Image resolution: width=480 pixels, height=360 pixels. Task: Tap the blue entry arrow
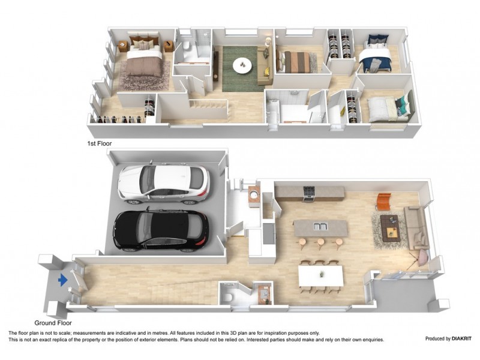point(61,280)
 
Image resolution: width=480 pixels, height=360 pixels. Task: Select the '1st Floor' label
point(100,144)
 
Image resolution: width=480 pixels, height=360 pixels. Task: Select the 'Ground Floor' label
point(46,322)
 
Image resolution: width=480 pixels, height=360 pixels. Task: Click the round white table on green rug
point(242,64)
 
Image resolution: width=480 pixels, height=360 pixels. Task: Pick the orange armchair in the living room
point(383,202)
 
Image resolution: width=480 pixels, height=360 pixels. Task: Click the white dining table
point(321,275)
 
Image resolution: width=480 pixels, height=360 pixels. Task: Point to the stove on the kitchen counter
point(309,193)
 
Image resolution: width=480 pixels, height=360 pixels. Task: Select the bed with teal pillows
point(385,109)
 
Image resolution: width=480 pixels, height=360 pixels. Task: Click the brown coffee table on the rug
point(391,227)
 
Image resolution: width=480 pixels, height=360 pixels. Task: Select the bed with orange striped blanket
point(298,61)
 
